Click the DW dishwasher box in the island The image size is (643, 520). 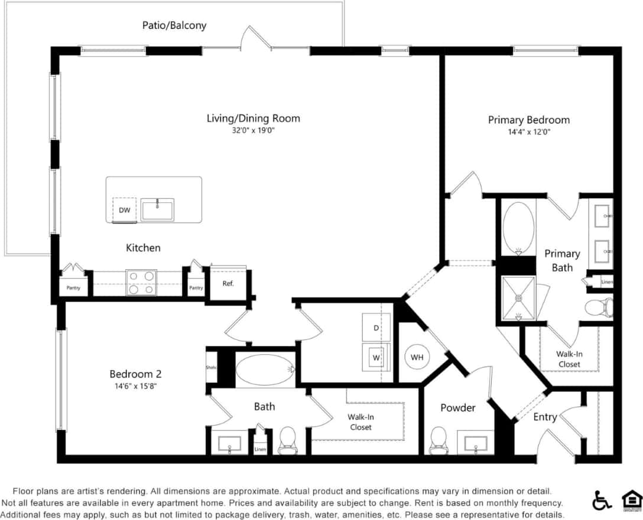click(x=125, y=210)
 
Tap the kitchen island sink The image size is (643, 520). click(x=157, y=210)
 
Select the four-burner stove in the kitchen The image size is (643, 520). click(x=141, y=283)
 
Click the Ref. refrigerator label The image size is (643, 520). click(x=228, y=283)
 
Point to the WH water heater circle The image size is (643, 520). click(x=417, y=357)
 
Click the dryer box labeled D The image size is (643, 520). click(x=376, y=328)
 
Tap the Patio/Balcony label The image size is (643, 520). click(x=174, y=25)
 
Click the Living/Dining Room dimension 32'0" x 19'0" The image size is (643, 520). click(x=253, y=130)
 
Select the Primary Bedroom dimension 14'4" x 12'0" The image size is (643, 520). click(x=528, y=132)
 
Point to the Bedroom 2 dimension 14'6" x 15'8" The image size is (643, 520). click(x=135, y=386)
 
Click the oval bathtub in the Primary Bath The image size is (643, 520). click(x=518, y=227)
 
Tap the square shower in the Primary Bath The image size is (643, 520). click(x=518, y=298)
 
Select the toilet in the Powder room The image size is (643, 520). click(x=439, y=440)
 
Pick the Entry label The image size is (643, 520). click(x=545, y=417)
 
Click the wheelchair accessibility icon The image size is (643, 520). click(x=602, y=501)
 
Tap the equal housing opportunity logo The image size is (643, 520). click(x=631, y=501)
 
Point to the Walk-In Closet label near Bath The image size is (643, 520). click(x=361, y=422)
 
